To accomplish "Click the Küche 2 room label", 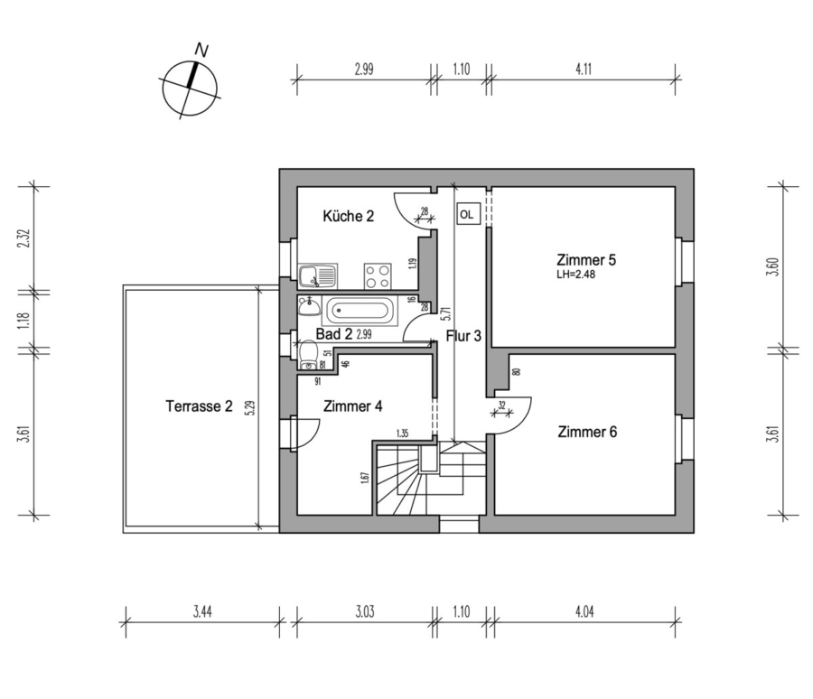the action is pos(348,216).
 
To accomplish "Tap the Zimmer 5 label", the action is pos(586,260).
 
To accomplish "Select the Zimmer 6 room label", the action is pos(587,432).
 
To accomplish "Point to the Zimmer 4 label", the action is pos(352,406).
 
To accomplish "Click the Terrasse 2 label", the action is pos(199,406).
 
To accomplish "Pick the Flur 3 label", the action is pos(463,336).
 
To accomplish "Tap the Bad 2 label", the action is pos(334,334).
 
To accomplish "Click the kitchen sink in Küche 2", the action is pos(318,275).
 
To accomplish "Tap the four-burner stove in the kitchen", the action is pos(377,275).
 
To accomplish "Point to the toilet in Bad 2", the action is pos(308,355).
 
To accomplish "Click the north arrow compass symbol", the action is pos(190,89).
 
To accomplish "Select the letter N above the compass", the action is pos(201,51).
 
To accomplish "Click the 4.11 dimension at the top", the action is pos(584,69).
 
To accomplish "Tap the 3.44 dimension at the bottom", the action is pos(202,612).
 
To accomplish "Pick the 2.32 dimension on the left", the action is pos(24,238).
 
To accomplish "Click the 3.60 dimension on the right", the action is pos(773,266).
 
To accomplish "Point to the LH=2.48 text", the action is pos(575,275).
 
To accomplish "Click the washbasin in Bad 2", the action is pos(310,307).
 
